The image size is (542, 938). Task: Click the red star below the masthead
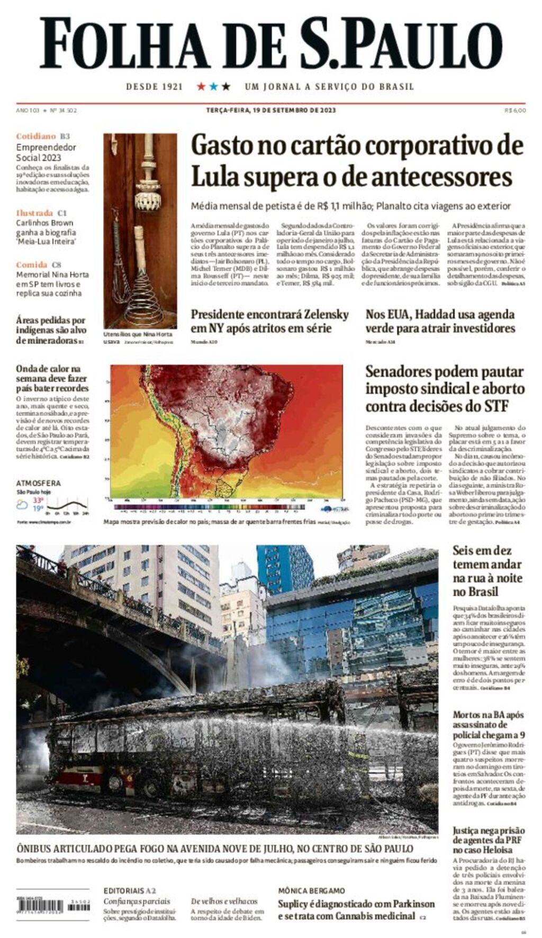pos(201,86)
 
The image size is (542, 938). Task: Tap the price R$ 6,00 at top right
pos(515,111)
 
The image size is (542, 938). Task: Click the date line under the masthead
pos(270,111)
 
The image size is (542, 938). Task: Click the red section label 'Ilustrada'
pos(34,213)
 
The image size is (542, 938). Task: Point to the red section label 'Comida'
pos(32,265)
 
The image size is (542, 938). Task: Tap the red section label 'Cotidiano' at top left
pos(35,136)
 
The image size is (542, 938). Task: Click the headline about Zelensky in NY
pos(269,321)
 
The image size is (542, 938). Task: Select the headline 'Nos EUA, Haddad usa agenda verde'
pos(440,321)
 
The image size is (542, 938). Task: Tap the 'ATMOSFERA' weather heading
pos(38,483)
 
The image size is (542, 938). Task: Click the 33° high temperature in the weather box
pos(38,500)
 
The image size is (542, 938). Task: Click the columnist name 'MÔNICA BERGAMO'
pos(311,891)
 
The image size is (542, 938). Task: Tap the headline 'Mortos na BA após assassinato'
pos(488,724)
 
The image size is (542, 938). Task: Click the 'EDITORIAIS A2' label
pos(130,891)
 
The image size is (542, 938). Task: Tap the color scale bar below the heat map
pos(210,507)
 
